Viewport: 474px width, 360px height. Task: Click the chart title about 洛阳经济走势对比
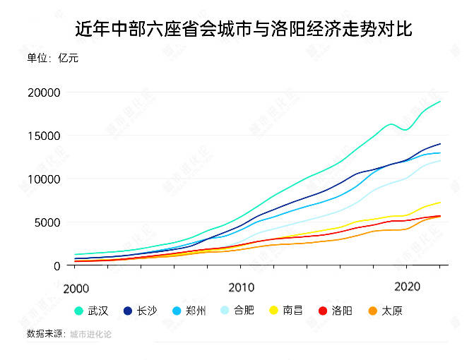point(244,29)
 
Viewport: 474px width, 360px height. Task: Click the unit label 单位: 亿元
point(52,58)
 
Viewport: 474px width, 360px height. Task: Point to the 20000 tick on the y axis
point(44,92)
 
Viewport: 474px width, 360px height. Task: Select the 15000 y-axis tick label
point(44,136)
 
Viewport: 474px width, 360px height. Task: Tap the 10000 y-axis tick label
point(44,179)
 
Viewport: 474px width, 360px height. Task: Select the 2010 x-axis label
point(241,288)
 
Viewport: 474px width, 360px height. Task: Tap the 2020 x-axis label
point(408,288)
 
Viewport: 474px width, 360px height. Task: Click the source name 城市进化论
point(90,334)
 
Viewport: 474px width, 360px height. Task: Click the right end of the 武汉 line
point(440,102)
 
